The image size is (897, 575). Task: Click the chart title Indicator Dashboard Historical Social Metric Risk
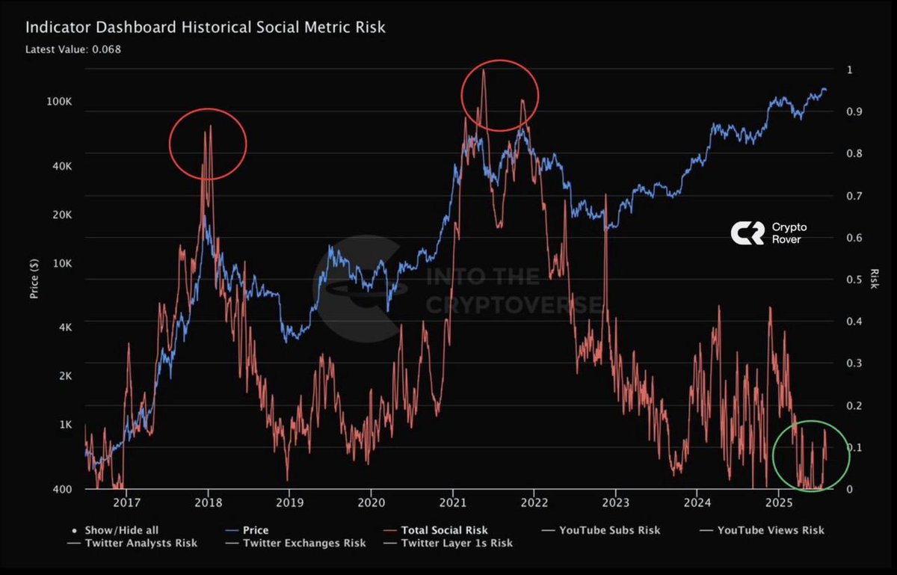pyautogui.click(x=206, y=28)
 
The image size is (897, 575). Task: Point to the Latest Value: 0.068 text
pyautogui.click(x=73, y=49)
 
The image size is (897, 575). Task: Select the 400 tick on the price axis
pyautogui.click(x=63, y=489)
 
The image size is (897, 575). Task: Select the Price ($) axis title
pyautogui.click(x=34, y=279)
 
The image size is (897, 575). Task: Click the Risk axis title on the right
pyautogui.click(x=875, y=279)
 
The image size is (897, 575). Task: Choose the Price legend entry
pyautogui.click(x=255, y=530)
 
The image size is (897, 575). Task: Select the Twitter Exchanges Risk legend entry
pyautogui.click(x=304, y=543)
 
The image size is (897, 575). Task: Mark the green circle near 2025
pyautogui.click(x=811, y=455)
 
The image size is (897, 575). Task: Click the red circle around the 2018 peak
pyautogui.click(x=208, y=143)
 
